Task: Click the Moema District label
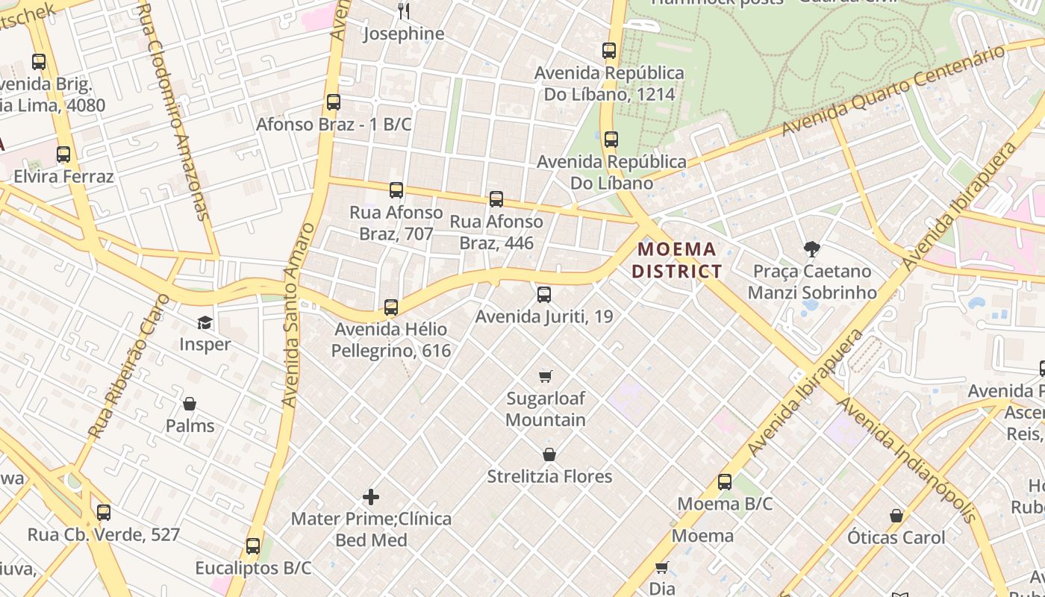coord(677,260)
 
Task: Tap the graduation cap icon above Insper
coord(205,322)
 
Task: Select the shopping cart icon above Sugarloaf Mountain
coord(546,376)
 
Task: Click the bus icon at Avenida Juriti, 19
coord(544,295)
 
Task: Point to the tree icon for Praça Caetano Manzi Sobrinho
coord(811,249)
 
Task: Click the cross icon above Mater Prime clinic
coord(371,496)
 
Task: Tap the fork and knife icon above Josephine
coord(404,10)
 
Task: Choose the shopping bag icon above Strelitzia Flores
coord(549,454)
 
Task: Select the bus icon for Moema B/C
coord(725,482)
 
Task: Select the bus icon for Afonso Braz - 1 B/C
coord(334,102)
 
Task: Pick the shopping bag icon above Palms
coord(190,404)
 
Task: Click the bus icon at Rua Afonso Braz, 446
coord(496,199)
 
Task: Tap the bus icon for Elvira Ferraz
coord(63,154)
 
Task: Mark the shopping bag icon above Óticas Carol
coord(896,516)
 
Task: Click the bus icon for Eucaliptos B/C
coord(253,546)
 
